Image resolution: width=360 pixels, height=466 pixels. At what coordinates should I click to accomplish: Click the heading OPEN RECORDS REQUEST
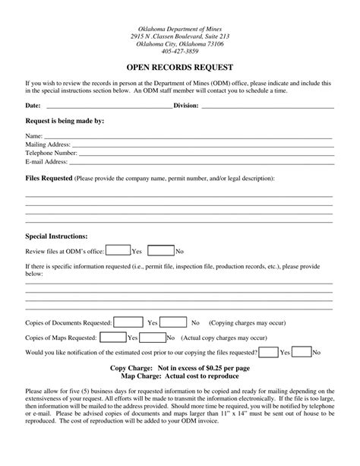click(x=179, y=66)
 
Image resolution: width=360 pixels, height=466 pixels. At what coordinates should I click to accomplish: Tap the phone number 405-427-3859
click(x=179, y=52)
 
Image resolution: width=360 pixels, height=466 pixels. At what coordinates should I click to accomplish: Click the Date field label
click(x=33, y=106)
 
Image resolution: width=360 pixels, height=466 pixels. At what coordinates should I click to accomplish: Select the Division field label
click(x=186, y=106)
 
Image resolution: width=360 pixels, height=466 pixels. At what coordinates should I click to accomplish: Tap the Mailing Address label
click(x=48, y=144)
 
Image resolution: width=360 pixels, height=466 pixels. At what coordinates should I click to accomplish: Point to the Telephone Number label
click(x=52, y=153)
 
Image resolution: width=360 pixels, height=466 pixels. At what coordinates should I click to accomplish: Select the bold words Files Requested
click(x=49, y=179)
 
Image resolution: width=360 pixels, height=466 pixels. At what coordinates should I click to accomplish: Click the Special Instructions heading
click(x=57, y=236)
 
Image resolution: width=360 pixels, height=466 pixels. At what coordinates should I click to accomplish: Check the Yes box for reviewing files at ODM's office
click(x=117, y=249)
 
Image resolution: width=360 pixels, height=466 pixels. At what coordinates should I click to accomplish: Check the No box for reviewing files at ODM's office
click(x=160, y=249)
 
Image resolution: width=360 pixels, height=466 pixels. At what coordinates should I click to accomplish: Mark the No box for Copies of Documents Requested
click(x=174, y=322)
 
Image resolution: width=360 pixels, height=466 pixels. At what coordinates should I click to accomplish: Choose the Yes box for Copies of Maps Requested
click(x=112, y=337)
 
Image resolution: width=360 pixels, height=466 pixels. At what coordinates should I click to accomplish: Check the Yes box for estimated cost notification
click(x=269, y=352)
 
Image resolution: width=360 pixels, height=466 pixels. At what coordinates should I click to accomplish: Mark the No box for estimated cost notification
click(x=302, y=352)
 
